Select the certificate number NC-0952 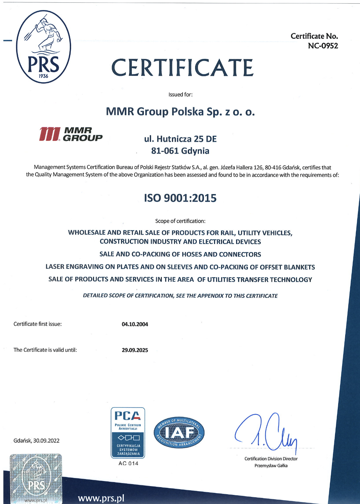(323, 46)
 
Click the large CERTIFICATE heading (182, 67)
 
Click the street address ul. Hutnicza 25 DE (180, 139)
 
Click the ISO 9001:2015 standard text (180, 198)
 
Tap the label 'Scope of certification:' (180, 221)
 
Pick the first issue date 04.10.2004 (135, 324)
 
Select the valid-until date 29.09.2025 (135, 350)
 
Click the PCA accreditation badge (128, 433)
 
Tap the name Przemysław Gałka (271, 466)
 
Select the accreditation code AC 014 (128, 464)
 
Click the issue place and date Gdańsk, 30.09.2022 (36, 441)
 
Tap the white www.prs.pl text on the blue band (101, 498)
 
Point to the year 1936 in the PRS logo (43, 76)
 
